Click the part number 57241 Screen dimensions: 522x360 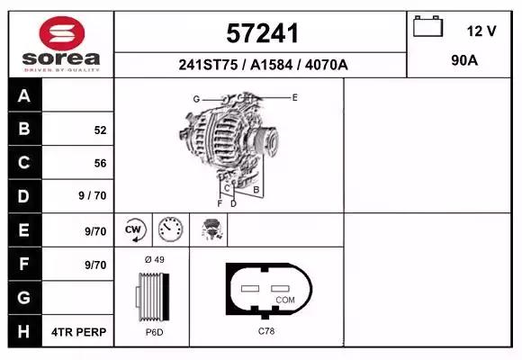point(262,33)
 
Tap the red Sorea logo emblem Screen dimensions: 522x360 point(62,33)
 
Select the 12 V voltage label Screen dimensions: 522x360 point(481,31)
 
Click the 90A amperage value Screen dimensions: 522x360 point(464,60)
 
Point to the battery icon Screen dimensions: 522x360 point(427,26)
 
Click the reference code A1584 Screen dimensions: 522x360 point(271,65)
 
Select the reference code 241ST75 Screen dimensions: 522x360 point(208,65)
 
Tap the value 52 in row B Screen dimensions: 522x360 point(100,130)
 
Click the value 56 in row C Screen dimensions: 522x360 point(100,163)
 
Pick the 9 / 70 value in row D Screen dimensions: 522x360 point(92,195)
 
